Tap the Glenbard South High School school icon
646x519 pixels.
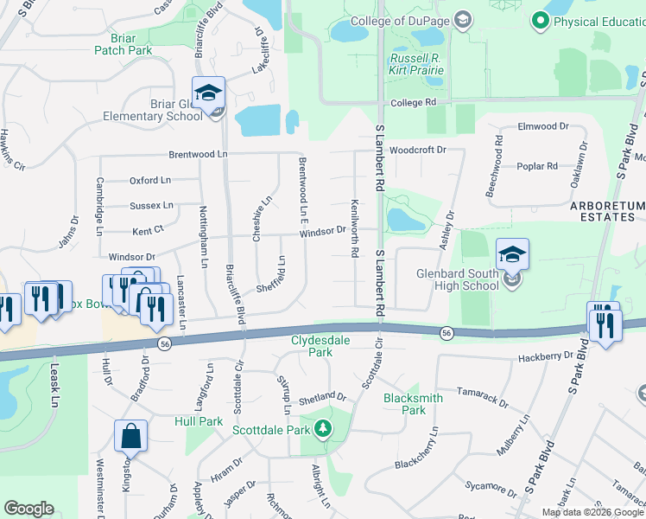(x=512, y=253)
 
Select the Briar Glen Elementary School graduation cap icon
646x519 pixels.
(x=208, y=92)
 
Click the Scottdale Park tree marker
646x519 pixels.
(x=322, y=428)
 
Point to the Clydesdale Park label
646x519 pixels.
(x=320, y=346)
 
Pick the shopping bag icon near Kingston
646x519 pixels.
(x=130, y=437)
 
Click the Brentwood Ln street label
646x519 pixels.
(x=198, y=154)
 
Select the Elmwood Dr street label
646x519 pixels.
(x=543, y=126)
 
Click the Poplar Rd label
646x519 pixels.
(x=537, y=166)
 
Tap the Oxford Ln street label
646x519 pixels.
(x=150, y=181)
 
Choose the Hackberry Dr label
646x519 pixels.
(x=546, y=356)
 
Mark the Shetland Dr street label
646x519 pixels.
(x=322, y=397)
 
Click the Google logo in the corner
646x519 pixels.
(x=28, y=509)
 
